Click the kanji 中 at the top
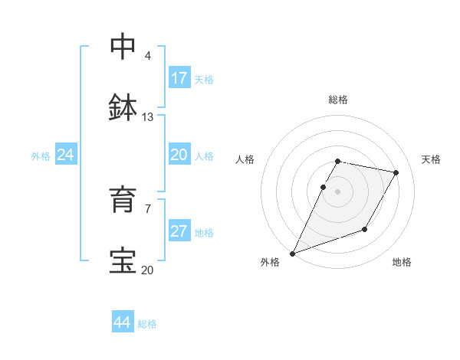tap(123, 47)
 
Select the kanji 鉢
tap(123, 108)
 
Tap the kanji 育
tap(123, 199)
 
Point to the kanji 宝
tap(123, 260)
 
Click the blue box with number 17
tap(179, 78)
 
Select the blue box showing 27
tap(179, 231)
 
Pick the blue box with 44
tap(123, 322)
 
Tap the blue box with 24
tap(65, 155)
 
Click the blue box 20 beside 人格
tap(179, 155)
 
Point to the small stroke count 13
tap(148, 117)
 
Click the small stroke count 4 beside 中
tap(147, 56)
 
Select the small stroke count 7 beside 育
tap(147, 208)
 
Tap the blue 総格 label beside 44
tap(147, 324)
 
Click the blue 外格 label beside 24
tap(41, 156)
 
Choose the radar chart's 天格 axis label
tap(431, 159)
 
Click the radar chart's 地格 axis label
tap(402, 262)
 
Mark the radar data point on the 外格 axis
tap(292, 254)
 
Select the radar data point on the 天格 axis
tap(396, 173)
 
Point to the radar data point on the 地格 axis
tap(365, 229)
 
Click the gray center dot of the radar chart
tap(337, 191)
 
